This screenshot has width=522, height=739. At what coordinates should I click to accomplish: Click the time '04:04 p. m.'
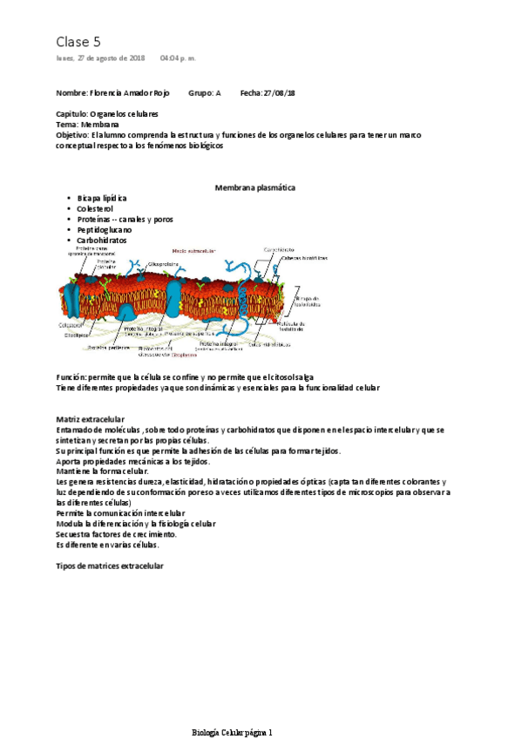pyautogui.click(x=178, y=58)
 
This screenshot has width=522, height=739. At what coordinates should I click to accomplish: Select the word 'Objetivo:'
pyautogui.click(x=72, y=135)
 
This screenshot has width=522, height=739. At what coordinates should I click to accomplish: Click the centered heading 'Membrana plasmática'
pyautogui.click(x=254, y=187)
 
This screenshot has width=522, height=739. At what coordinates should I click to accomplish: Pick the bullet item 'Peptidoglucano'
pyautogui.click(x=105, y=230)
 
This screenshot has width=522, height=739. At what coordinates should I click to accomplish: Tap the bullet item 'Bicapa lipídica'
pyautogui.click(x=102, y=199)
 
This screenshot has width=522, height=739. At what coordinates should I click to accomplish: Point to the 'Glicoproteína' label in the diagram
pyautogui.click(x=163, y=263)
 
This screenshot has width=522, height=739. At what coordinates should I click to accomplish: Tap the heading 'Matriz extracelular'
pyautogui.click(x=90, y=419)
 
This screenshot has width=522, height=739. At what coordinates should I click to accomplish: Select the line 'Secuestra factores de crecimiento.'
pyautogui.click(x=116, y=534)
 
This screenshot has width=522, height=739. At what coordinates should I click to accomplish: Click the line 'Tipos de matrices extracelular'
pyautogui.click(x=109, y=566)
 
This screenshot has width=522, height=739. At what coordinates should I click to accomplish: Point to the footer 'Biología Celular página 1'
pyautogui.click(x=232, y=708)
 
